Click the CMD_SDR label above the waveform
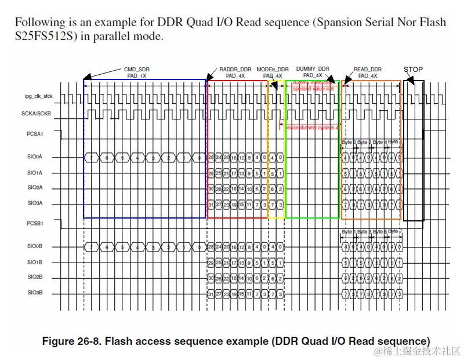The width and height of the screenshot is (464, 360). click(137, 68)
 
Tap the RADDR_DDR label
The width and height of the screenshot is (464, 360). click(235, 68)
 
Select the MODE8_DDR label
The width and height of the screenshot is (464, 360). click(273, 68)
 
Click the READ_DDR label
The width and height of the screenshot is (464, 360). click(368, 68)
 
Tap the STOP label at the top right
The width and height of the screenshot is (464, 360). click(413, 70)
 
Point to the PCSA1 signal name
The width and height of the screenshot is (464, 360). click(36, 134)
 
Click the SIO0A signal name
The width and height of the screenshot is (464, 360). click(35, 157)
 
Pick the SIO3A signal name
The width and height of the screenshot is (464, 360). click(35, 203)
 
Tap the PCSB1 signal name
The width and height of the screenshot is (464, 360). click(36, 223)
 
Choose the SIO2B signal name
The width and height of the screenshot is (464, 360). click(35, 277)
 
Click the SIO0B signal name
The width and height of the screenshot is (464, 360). click(35, 246)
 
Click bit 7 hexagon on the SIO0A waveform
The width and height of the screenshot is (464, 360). click(89, 157)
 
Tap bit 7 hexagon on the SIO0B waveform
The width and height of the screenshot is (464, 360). click(89, 246)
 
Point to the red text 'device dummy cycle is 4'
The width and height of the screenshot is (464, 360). click(313, 127)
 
